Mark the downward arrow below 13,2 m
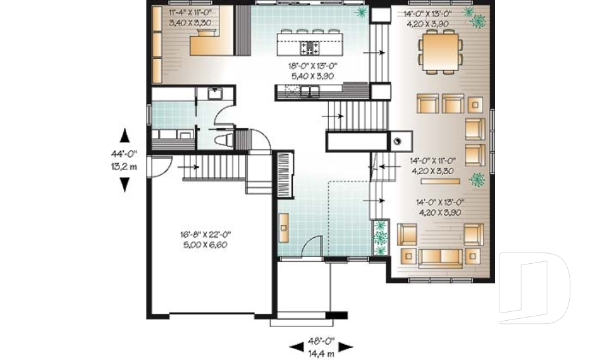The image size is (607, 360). (125, 184)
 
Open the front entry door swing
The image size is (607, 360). (311, 248)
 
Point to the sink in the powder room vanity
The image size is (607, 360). (213, 94)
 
